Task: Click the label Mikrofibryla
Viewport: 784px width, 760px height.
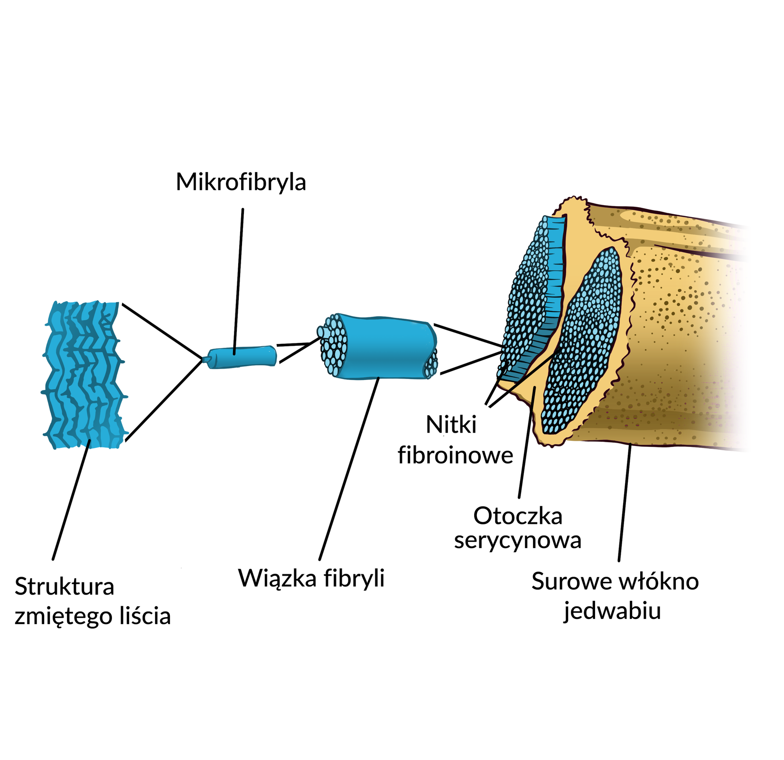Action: [241, 182]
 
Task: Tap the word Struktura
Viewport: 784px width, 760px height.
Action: [65, 587]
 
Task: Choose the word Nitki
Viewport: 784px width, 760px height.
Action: [451, 425]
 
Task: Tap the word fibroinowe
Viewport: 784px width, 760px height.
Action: [456, 455]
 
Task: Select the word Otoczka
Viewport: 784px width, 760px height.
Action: [518, 516]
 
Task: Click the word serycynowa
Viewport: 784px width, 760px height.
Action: [518, 541]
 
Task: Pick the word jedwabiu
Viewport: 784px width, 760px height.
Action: [612, 611]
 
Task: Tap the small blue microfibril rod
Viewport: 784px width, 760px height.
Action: [242, 357]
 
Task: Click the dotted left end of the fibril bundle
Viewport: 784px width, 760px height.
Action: [334, 346]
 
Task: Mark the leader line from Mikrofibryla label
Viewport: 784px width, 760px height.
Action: [238, 280]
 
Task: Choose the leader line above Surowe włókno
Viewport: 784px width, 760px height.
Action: [625, 503]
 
